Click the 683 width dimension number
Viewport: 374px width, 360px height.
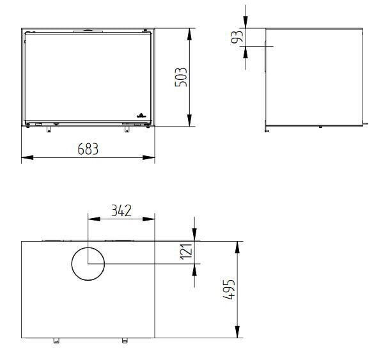tap(88, 149)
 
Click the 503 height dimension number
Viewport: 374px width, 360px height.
tap(181, 78)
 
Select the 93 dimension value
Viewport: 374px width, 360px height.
tap(238, 37)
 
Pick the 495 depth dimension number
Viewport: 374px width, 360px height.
tap(228, 290)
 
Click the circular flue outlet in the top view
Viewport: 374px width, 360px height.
tap(88, 263)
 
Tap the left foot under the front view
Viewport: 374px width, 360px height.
tap(48, 130)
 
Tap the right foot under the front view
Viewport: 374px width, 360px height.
tap(127, 130)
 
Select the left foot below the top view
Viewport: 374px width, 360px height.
tap(56, 340)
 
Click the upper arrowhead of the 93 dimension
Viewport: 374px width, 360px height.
tap(246, 24)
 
